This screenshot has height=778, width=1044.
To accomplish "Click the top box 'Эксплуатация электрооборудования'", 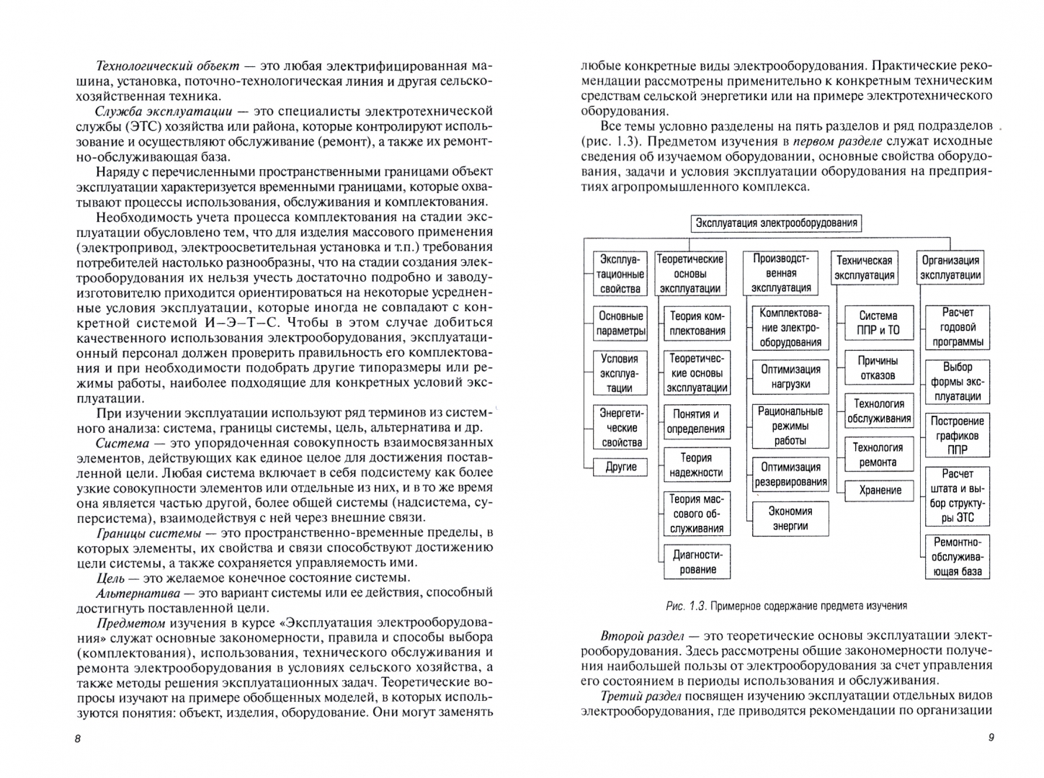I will tap(776, 223).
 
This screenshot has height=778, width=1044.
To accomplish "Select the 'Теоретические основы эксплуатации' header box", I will tap(690, 274).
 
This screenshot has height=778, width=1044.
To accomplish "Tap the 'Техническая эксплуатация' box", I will tap(865, 268).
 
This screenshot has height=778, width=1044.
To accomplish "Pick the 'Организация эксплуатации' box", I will tap(950, 268).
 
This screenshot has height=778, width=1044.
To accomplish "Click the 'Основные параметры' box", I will tap(620, 323).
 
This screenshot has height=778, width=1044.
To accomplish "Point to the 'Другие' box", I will tap(620, 467).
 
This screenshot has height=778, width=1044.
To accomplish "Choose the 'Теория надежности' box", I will tap(696, 465).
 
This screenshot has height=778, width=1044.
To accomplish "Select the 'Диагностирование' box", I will tap(696, 563).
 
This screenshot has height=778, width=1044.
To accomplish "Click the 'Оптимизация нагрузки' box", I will tap(790, 377).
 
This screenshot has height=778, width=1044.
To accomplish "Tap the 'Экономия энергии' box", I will tap(790, 519).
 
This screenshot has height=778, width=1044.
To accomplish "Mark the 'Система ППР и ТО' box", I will tap(878, 323).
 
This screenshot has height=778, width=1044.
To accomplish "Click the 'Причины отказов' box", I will tap(878, 368).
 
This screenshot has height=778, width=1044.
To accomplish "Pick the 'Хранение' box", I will tap(880, 491).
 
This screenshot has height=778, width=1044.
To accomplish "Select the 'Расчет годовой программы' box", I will tap(957, 327).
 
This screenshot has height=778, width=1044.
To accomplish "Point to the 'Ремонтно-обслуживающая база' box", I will tap(957, 557).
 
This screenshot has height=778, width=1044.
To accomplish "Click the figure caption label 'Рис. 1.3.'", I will tap(685, 607).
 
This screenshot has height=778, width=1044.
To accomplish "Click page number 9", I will tap(991, 738).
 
